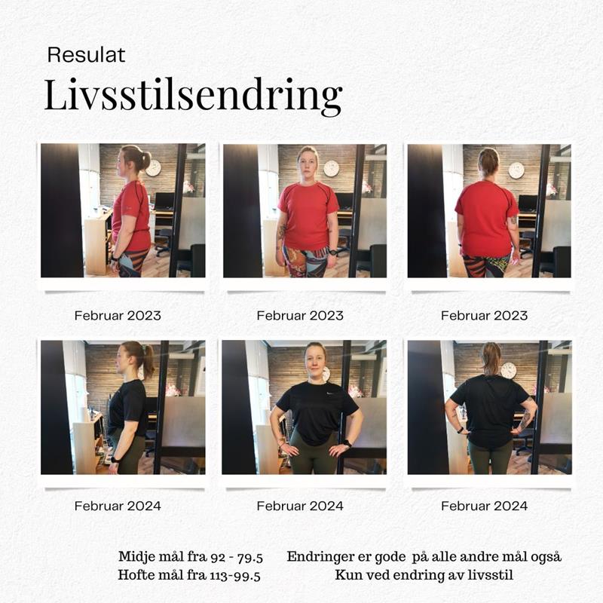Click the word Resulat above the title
[x=86, y=55]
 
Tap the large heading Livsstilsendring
[x=193, y=96]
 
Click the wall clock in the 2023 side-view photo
[x=153, y=168]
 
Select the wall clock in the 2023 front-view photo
[x=331, y=168]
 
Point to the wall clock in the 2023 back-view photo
[x=516, y=170]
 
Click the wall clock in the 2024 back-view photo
[x=508, y=370]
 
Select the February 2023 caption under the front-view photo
[x=300, y=316]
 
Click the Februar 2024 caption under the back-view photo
[x=484, y=506]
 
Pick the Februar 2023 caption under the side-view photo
[x=118, y=316]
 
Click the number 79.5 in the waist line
[x=249, y=557]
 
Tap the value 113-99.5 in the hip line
[x=235, y=576]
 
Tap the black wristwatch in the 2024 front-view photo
[x=347, y=443]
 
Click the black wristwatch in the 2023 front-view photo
[x=332, y=253]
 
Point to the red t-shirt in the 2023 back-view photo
[x=486, y=219]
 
